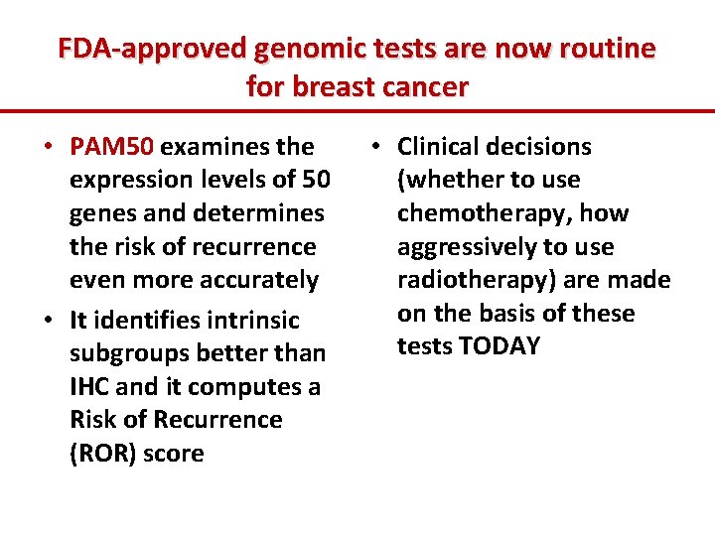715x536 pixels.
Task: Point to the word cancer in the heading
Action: (419, 86)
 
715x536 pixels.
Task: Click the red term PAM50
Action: (112, 147)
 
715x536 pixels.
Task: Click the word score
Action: (174, 454)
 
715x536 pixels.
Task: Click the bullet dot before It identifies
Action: (49, 321)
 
